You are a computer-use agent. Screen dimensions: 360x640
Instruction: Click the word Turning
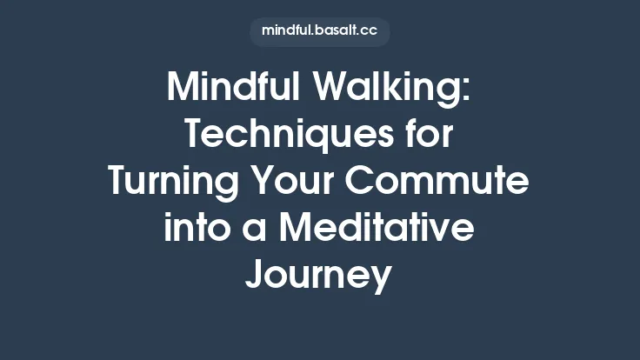166,183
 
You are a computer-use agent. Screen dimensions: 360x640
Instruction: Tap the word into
190,229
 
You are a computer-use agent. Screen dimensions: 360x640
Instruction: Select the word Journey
319,277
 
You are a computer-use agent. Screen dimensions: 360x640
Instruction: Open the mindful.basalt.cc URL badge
319,32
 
